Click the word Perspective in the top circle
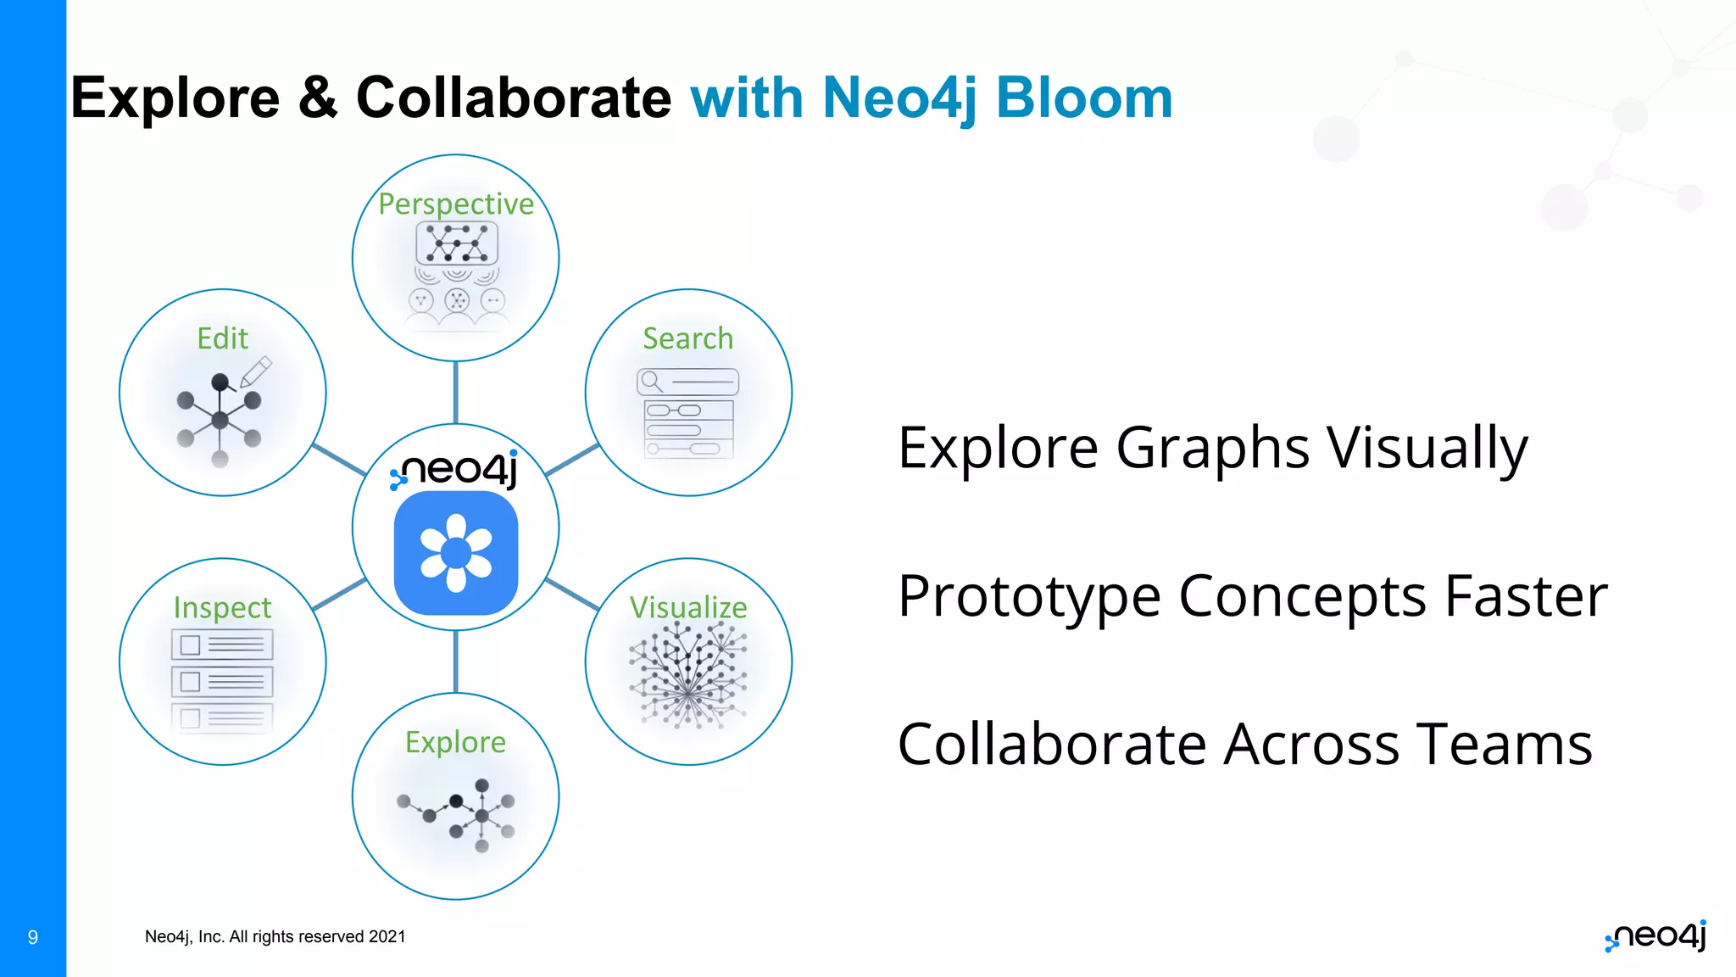[456, 204]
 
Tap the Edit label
[222, 338]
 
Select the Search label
[687, 338]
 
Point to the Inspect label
[222, 607]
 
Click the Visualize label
[688, 607]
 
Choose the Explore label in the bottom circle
[455, 742]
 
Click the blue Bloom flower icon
[456, 553]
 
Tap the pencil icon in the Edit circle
[256, 371]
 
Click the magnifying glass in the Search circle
[651, 381]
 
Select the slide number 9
[33, 937]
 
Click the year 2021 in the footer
[387, 936]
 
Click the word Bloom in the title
[1084, 98]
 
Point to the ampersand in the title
[318, 98]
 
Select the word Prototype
[1028, 596]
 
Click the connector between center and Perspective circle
[456, 392]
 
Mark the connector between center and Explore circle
[456, 662]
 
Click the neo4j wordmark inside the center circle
[458, 469]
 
